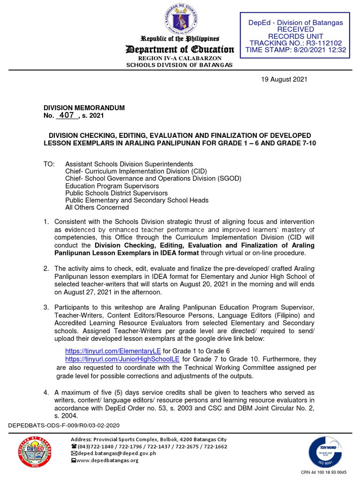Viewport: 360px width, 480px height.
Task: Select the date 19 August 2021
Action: click(x=284, y=79)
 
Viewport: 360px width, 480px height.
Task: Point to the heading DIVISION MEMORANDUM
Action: click(x=84, y=108)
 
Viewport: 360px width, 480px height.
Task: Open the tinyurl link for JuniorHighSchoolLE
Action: click(x=122, y=359)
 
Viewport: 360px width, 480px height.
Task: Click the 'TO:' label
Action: click(x=49, y=164)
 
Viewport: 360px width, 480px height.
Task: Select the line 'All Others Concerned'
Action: click(x=97, y=207)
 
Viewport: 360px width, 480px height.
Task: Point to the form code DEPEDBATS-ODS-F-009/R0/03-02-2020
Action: click(x=65, y=425)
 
